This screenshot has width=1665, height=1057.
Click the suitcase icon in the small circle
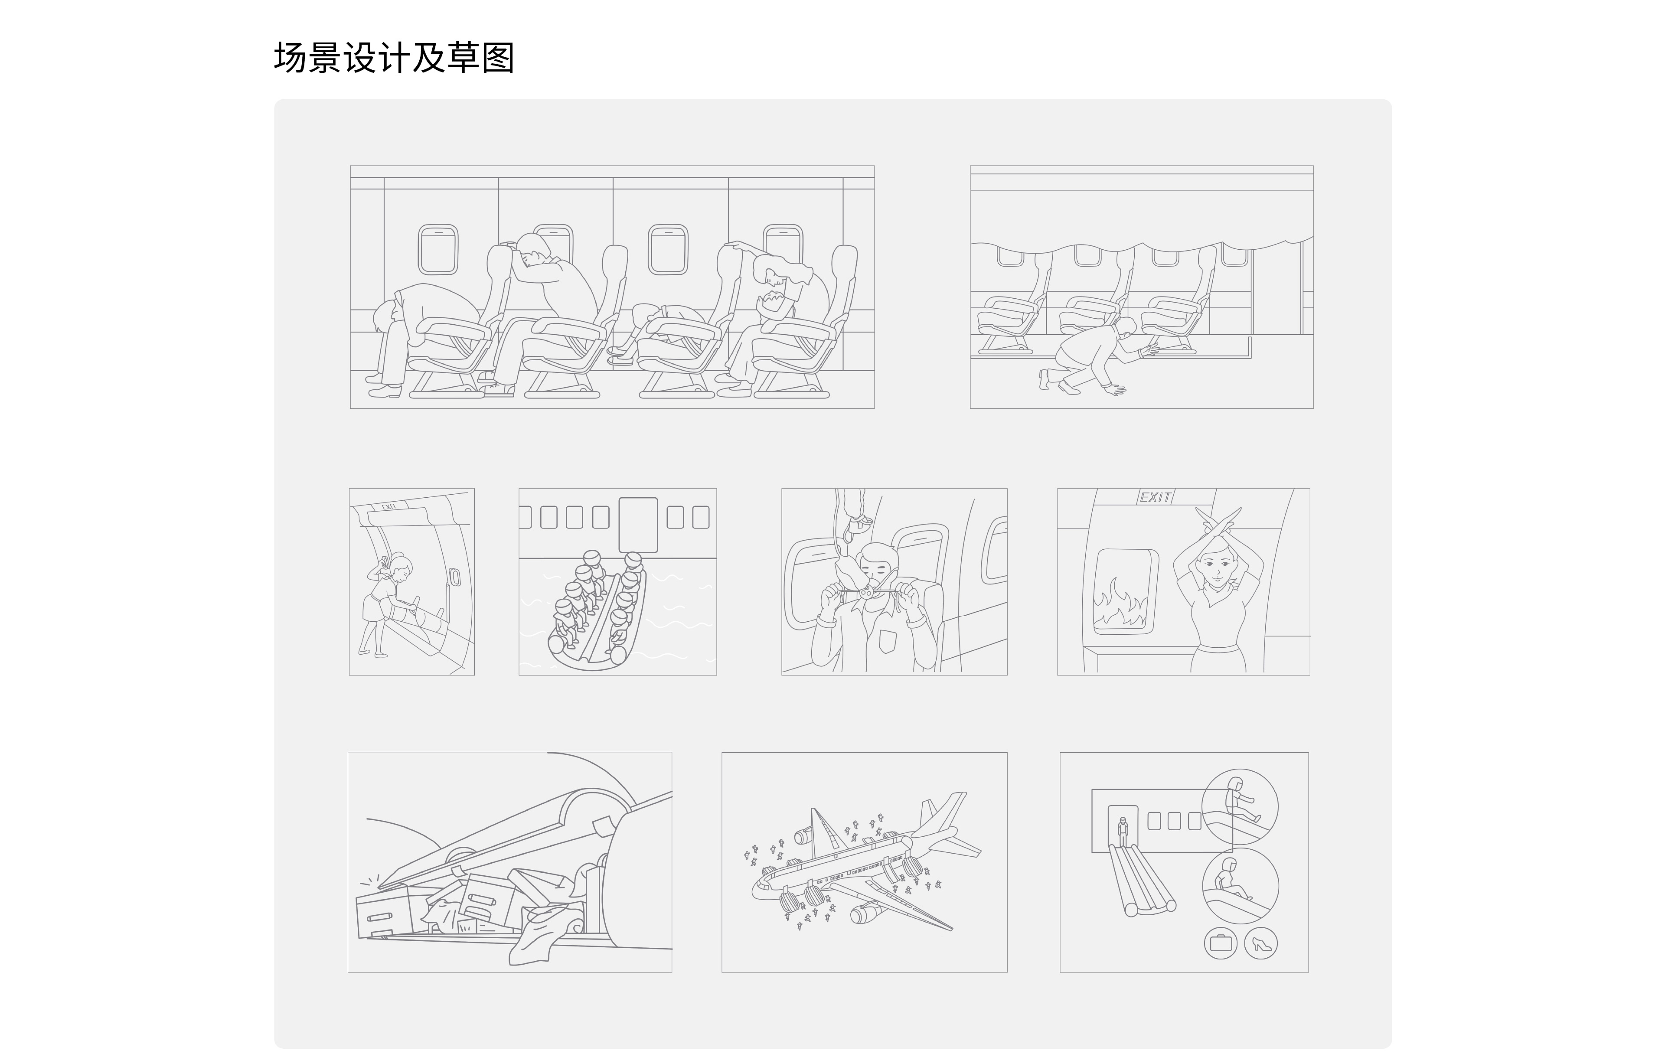[1221, 943]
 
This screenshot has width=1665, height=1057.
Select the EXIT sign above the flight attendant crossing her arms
[1156, 497]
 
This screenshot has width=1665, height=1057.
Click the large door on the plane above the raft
[637, 525]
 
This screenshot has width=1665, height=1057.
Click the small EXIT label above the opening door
[388, 507]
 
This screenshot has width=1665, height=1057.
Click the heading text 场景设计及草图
[394, 57]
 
